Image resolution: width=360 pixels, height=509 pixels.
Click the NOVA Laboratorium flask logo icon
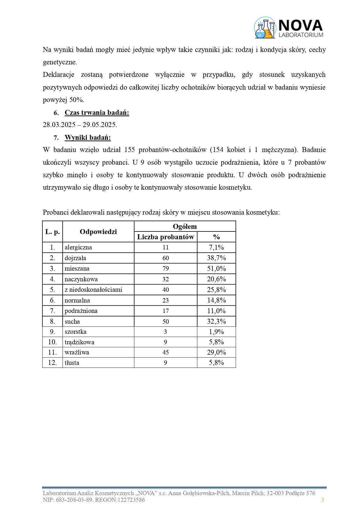(x=265, y=28)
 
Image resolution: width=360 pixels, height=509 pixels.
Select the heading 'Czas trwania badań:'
(x=97, y=113)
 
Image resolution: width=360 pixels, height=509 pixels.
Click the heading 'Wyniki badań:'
(x=88, y=137)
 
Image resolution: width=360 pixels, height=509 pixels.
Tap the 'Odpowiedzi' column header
(x=98, y=232)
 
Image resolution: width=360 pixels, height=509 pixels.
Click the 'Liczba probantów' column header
(x=165, y=237)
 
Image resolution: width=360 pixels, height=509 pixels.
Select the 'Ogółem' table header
(x=185, y=227)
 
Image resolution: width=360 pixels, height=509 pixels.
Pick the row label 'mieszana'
(x=77, y=269)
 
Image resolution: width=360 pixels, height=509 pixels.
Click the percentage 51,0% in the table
(x=216, y=269)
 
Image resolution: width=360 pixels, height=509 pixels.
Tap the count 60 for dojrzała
(x=166, y=258)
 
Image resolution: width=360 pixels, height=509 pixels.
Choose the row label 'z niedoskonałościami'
(x=93, y=290)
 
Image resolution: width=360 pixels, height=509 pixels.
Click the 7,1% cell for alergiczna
(x=216, y=247)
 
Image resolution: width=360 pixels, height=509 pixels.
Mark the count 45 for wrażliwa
(x=166, y=352)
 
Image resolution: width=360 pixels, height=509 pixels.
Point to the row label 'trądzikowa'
(x=79, y=342)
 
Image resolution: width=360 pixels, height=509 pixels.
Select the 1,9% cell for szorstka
(x=216, y=332)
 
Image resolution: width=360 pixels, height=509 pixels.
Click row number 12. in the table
(x=53, y=363)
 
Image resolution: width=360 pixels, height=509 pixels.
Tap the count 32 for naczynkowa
(x=166, y=279)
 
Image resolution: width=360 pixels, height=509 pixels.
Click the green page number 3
(x=322, y=500)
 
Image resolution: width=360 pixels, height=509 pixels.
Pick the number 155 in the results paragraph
(x=129, y=150)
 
